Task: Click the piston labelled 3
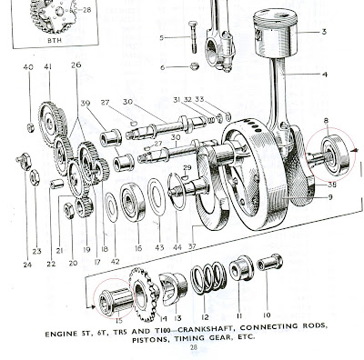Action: click(x=275, y=34)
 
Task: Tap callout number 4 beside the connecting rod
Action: click(x=325, y=75)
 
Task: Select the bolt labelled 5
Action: click(x=193, y=36)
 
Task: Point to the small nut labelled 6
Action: click(x=195, y=66)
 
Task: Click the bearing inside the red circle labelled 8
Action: click(x=335, y=155)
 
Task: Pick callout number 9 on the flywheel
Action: click(x=330, y=197)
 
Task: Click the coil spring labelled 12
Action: click(x=208, y=278)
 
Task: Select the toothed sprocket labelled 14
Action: click(x=144, y=295)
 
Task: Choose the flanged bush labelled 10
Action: click(x=269, y=263)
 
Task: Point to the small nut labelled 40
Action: click(x=31, y=128)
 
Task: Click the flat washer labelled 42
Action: click(x=111, y=208)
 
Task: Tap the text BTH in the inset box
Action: click(x=55, y=40)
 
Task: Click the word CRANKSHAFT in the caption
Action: click(x=206, y=328)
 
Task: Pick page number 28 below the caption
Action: click(x=194, y=347)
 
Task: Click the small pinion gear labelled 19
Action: click(x=84, y=207)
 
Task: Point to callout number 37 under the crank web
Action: click(x=192, y=246)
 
